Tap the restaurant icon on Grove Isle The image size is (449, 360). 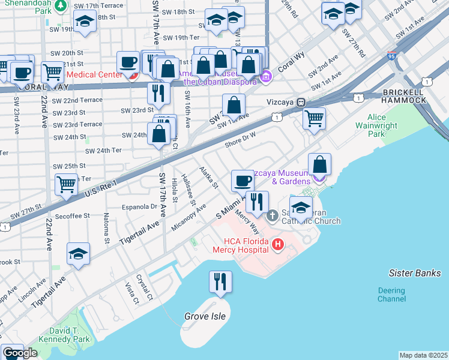click(x=220, y=282)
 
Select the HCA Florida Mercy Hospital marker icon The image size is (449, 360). click(x=277, y=244)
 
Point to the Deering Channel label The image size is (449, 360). click(x=391, y=294)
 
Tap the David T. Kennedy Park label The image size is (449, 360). click(x=70, y=335)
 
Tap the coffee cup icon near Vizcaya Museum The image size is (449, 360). click(x=243, y=179)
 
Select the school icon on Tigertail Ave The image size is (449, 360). click(x=78, y=254)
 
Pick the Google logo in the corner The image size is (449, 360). click(x=19, y=353)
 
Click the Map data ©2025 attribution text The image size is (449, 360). click(x=423, y=355)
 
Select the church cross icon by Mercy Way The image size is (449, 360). click(x=272, y=215)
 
